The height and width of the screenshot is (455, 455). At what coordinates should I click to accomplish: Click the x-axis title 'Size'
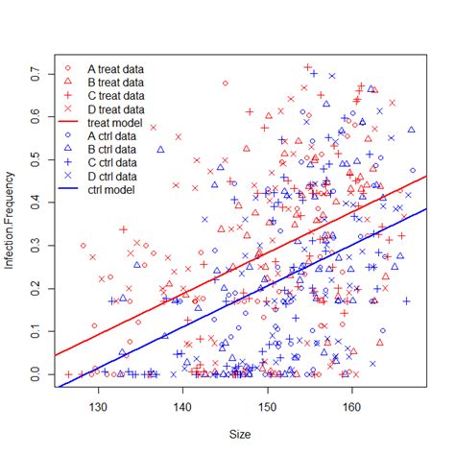pos(241,434)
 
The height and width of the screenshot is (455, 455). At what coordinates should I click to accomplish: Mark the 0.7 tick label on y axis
pos(34,72)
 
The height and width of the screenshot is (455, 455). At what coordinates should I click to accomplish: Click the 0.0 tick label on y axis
pos(34,373)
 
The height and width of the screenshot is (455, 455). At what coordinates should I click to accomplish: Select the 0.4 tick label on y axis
pos(34,202)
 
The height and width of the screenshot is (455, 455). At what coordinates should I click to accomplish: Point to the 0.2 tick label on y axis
pos(34,288)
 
